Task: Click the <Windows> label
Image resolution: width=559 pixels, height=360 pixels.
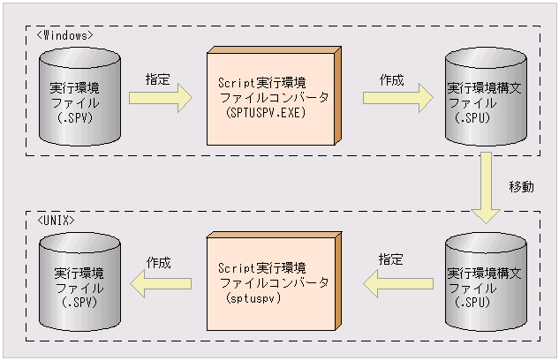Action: coord(66,34)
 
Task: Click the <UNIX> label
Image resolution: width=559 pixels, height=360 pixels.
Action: coord(57,218)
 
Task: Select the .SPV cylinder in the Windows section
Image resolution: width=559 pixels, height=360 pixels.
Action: coord(79,98)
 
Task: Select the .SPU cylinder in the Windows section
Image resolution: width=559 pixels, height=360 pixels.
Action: coord(484,98)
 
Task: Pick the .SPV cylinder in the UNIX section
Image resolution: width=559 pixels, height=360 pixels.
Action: coord(79,282)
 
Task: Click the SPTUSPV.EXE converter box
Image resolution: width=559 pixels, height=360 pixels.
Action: coord(271,97)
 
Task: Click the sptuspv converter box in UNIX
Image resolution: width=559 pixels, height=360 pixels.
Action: coord(271,282)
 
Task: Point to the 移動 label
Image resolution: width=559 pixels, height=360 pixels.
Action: coord(521,188)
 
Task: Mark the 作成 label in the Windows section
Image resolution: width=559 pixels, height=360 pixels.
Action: coord(391,79)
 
